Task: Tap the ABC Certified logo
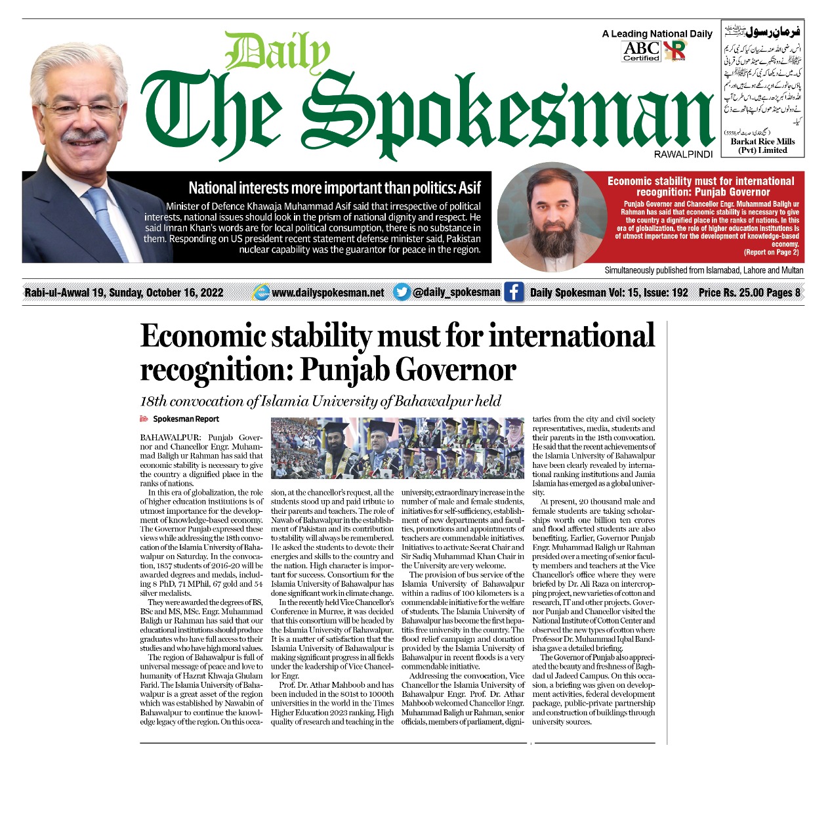tap(641, 51)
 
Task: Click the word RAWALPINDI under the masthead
tap(683, 154)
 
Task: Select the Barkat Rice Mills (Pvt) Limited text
tap(762, 146)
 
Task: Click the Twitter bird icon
tap(402, 292)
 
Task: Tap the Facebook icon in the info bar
tap(514, 292)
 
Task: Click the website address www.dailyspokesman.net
tap(327, 293)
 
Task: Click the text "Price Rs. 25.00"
tap(728, 293)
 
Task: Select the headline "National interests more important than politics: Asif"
tap(335, 188)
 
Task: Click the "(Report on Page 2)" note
tap(771, 252)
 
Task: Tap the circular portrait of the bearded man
tap(549, 217)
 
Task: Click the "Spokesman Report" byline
tap(186, 419)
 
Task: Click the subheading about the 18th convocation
tap(320, 401)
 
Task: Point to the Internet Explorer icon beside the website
tap(261, 293)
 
